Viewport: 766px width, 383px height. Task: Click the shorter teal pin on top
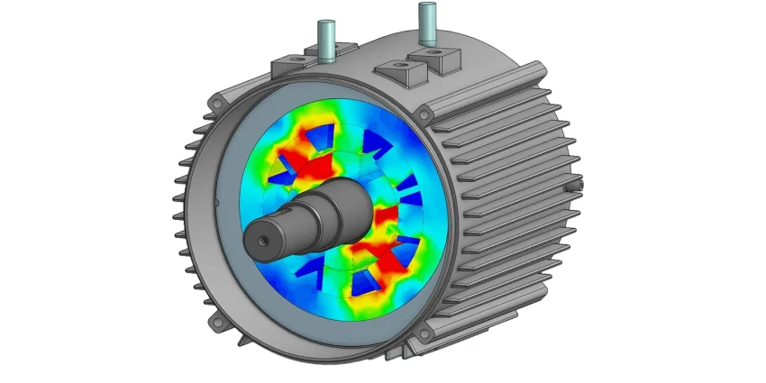tap(325, 41)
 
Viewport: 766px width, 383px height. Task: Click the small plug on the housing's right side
tap(575, 185)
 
